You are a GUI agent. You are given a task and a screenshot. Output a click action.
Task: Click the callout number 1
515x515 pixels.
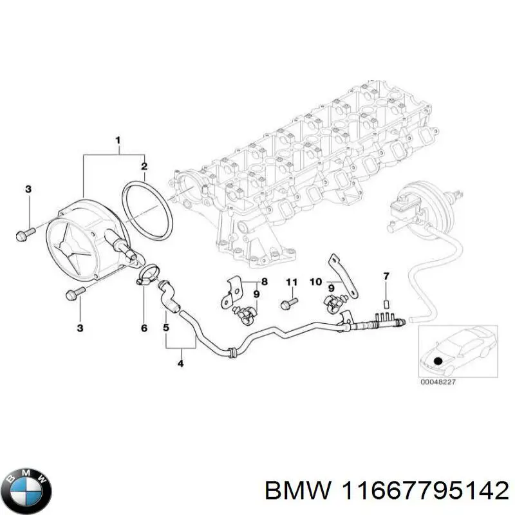(118, 140)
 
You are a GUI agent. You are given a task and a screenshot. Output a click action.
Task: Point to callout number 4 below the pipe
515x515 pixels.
(180, 364)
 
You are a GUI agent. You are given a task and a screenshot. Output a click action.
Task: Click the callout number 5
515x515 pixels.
(166, 328)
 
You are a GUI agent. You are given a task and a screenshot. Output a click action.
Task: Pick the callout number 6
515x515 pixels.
(144, 328)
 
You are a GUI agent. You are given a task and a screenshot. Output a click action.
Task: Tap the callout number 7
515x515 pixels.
(386, 277)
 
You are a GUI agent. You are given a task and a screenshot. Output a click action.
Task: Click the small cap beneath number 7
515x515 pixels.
(386, 304)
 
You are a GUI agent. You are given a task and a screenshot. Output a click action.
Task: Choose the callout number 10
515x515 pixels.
(315, 282)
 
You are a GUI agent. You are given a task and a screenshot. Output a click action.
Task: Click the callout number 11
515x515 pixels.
(290, 282)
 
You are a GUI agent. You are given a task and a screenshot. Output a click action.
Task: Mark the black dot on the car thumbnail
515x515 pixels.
(438, 361)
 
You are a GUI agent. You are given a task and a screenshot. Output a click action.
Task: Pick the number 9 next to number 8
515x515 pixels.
(256, 295)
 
